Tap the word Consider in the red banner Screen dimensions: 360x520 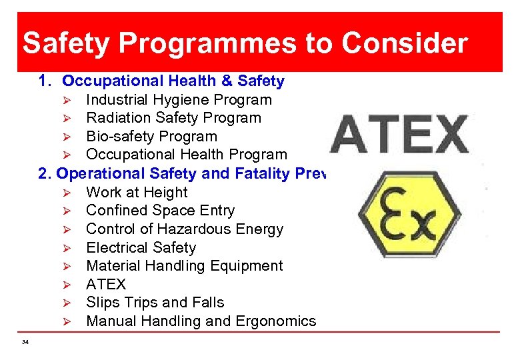point(405,43)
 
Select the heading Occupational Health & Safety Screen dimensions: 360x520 point(173,81)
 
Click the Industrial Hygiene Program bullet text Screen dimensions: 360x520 point(179,100)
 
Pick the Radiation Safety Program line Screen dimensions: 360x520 point(173,118)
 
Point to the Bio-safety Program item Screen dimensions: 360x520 point(151,137)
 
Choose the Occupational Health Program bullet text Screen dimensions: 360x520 point(186,155)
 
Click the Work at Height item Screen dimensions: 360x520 point(137,193)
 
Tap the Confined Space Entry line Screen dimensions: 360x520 point(160,211)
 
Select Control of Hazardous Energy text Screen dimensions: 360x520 point(185,229)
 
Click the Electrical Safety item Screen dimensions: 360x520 point(141,248)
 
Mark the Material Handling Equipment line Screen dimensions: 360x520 point(184,266)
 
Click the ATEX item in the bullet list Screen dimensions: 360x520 point(106,285)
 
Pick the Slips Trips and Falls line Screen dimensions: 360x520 point(155,303)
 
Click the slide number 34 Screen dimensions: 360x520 point(25,342)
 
